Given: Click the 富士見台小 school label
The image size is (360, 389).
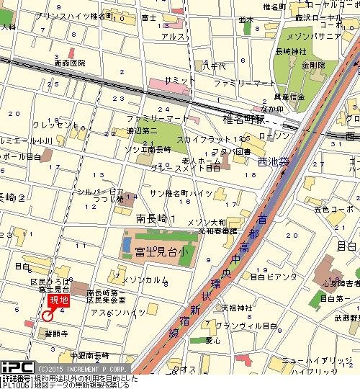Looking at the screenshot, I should pos(155,251).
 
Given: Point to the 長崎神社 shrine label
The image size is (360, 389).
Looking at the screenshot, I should pos(291,51).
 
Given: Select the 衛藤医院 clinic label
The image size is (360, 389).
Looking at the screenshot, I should pos(69,63).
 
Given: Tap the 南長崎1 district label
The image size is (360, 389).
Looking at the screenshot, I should pos(156,218).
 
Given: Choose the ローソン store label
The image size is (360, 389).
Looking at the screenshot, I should pos(273,135).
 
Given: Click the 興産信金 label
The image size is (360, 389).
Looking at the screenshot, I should pos(291,96).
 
